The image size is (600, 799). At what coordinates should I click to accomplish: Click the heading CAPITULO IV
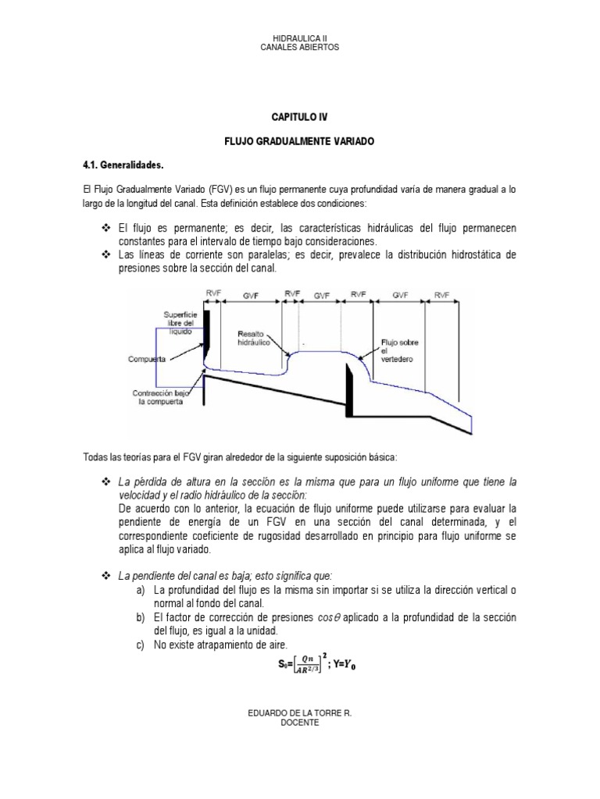click(300, 116)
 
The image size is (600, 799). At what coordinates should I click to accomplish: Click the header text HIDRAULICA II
click(300, 37)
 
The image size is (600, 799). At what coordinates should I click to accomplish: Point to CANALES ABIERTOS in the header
click(300, 48)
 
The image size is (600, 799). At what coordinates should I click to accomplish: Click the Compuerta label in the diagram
click(148, 360)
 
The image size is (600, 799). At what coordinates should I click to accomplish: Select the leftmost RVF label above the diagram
click(212, 295)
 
